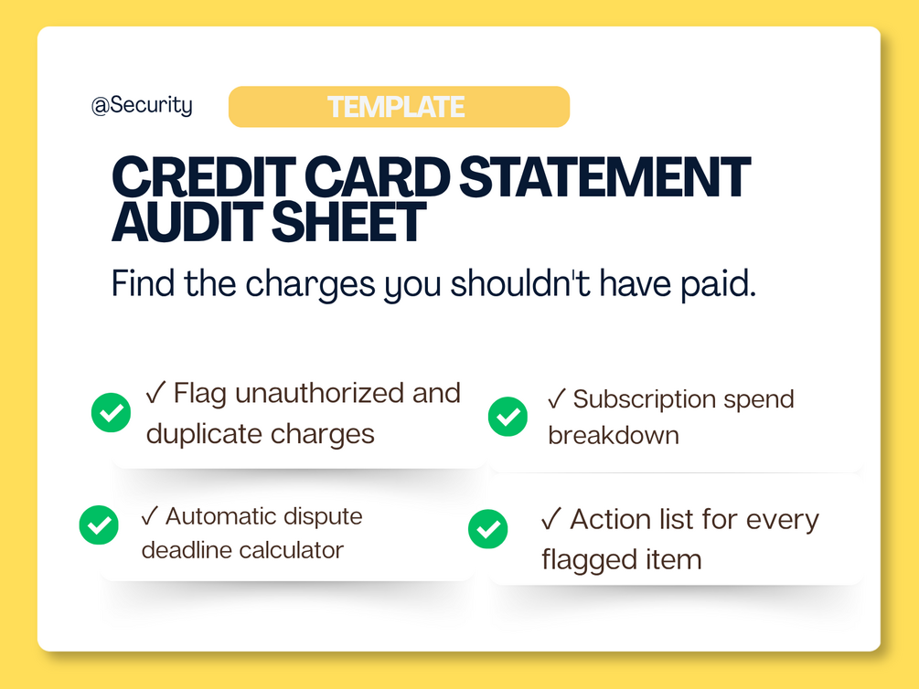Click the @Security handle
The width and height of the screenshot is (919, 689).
tap(142, 105)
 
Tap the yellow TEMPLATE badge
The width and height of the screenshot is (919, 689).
tap(399, 107)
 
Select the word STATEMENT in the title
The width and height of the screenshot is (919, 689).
tap(604, 177)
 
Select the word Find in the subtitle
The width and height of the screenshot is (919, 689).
tap(143, 283)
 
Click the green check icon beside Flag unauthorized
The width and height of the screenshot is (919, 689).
tap(111, 412)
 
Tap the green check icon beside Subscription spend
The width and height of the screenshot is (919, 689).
tap(508, 417)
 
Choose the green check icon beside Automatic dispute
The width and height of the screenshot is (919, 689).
tap(99, 525)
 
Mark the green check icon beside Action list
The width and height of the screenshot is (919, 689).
tap(487, 529)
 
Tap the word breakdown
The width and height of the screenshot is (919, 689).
tap(614, 435)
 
